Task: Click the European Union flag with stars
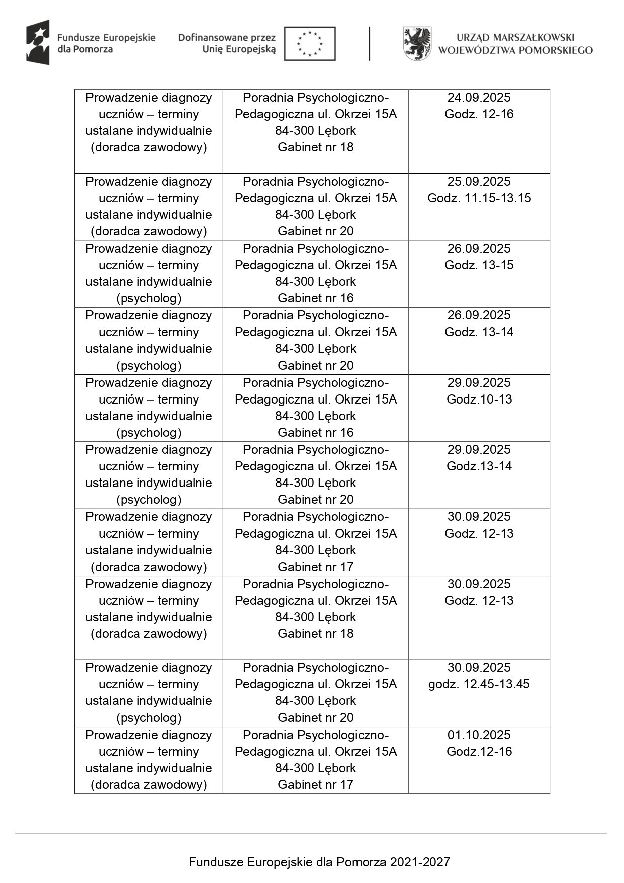click(310, 44)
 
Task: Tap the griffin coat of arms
click(417, 44)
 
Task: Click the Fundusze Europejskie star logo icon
click(38, 43)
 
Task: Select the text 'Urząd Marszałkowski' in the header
click(515, 37)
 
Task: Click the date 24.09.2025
click(479, 98)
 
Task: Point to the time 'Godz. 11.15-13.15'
click(479, 198)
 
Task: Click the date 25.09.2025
click(479, 182)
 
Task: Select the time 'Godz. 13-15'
click(479, 265)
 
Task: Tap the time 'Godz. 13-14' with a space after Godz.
click(479, 332)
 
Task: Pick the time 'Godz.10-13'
click(479, 399)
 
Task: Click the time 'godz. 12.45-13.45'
click(479, 684)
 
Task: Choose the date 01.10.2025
click(479, 735)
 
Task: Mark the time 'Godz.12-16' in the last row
click(479, 752)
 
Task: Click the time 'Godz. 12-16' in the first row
click(479, 114)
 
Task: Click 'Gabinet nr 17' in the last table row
click(316, 785)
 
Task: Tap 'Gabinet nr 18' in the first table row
click(316, 147)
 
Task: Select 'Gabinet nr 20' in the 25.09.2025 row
click(316, 231)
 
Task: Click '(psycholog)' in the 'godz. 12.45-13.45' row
click(148, 718)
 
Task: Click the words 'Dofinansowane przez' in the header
click(227, 38)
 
